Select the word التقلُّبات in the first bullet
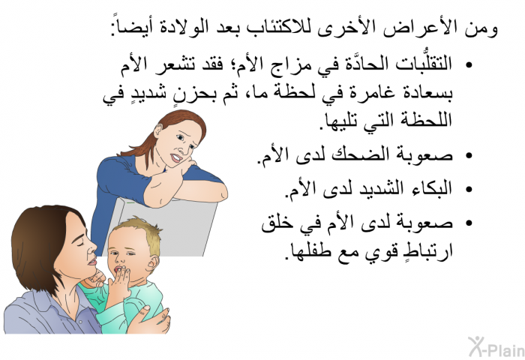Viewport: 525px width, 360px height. click(424, 62)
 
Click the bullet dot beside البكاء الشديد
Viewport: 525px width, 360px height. click(469, 189)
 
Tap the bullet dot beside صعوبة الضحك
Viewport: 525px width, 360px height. click(469, 156)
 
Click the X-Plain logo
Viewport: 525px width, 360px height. click(496, 347)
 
